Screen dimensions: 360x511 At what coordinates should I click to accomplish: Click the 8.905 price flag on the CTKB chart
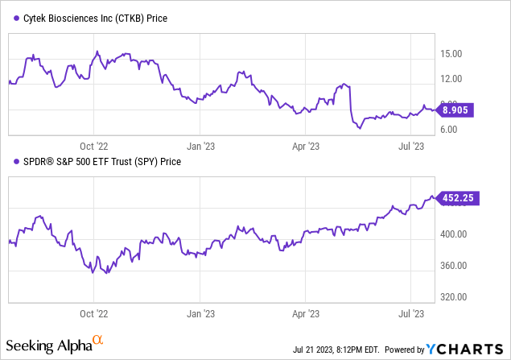click(x=456, y=110)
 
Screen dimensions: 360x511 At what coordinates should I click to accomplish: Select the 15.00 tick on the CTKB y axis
click(x=453, y=54)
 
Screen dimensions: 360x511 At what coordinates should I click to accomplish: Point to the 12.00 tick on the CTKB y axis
click(x=453, y=79)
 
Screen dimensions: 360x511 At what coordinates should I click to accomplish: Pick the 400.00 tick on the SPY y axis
click(x=455, y=234)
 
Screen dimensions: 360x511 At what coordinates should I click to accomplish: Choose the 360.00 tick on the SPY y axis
click(x=455, y=266)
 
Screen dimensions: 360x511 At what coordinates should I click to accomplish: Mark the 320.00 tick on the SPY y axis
click(x=455, y=296)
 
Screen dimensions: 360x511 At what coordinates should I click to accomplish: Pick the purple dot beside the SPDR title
click(x=10, y=161)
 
